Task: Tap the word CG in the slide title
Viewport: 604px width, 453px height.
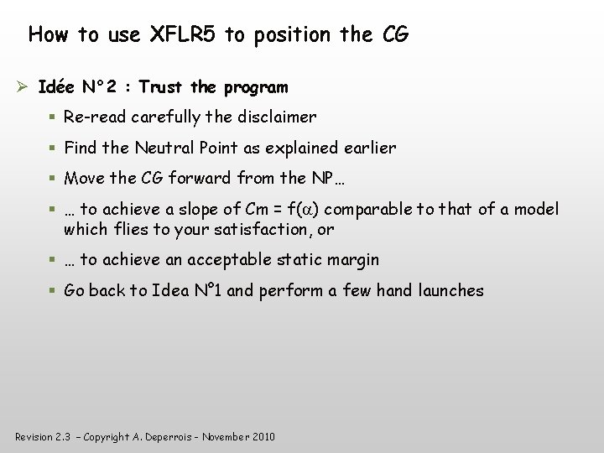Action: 394,35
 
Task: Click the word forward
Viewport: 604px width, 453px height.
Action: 200,179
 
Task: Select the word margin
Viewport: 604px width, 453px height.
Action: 350,260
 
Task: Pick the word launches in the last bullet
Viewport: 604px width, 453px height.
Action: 451,291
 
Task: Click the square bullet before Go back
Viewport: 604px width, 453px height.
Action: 52,291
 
